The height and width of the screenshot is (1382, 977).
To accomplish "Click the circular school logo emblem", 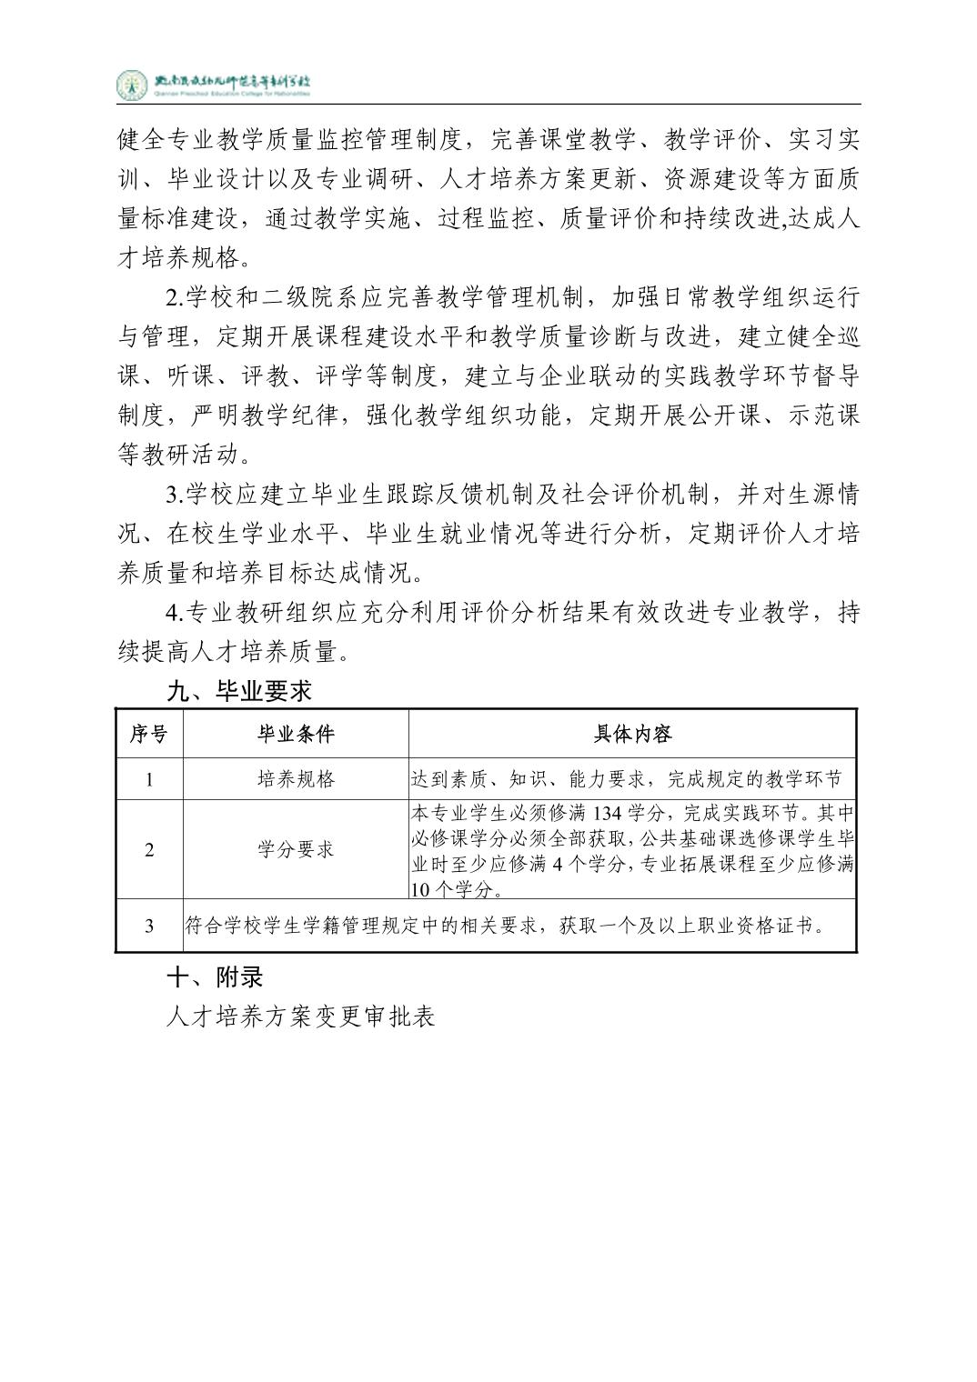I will tap(131, 85).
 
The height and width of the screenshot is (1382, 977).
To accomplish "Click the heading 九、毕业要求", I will tap(239, 691).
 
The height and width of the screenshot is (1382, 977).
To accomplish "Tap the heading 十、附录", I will tap(215, 976).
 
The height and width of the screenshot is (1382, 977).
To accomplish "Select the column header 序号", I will tap(148, 734).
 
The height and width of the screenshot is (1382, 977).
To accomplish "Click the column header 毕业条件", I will tap(296, 734).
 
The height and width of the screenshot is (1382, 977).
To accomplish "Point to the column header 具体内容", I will tap(632, 734).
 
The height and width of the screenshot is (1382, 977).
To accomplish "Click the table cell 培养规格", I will tap(296, 779).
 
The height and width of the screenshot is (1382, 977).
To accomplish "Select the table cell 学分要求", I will tap(296, 850).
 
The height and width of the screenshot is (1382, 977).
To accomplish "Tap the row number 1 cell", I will tap(149, 779).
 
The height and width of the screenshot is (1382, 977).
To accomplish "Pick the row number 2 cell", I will tap(149, 850).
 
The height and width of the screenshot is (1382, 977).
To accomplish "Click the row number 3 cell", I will tap(149, 926).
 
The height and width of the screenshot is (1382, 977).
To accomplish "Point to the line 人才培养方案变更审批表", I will tap(301, 1016).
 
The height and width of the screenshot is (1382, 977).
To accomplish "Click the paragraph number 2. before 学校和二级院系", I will tap(175, 297).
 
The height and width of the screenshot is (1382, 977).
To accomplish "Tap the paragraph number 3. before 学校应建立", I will tap(175, 495).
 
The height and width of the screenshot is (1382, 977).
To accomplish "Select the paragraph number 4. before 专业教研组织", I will tap(175, 613).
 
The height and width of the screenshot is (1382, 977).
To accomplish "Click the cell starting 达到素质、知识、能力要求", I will tap(627, 779).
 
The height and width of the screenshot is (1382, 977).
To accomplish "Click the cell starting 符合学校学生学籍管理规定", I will tap(505, 926).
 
